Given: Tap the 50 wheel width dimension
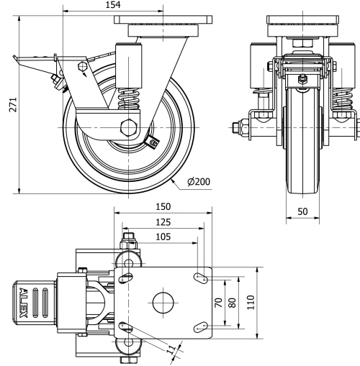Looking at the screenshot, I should coord(304,213).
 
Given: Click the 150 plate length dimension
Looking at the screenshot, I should coord(163,207).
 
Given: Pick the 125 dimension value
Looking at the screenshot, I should coord(163,222).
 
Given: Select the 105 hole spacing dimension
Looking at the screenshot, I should coord(163,237).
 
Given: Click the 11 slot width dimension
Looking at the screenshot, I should coord(170,350).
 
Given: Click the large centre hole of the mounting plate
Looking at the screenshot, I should coord(162,303).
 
